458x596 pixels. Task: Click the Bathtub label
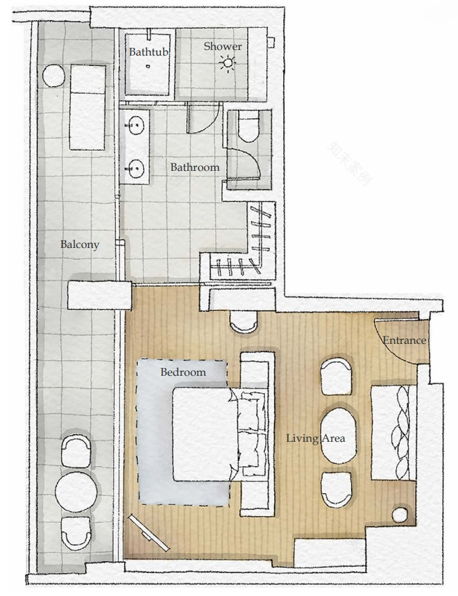(149, 52)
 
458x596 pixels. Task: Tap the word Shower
(223, 47)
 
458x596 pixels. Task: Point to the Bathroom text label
(195, 167)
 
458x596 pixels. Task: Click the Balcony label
(79, 245)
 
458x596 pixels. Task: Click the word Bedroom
(183, 372)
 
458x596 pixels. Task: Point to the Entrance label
(405, 340)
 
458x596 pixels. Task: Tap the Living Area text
(316, 438)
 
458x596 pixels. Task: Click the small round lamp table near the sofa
(400, 515)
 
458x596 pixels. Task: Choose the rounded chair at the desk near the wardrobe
(244, 322)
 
